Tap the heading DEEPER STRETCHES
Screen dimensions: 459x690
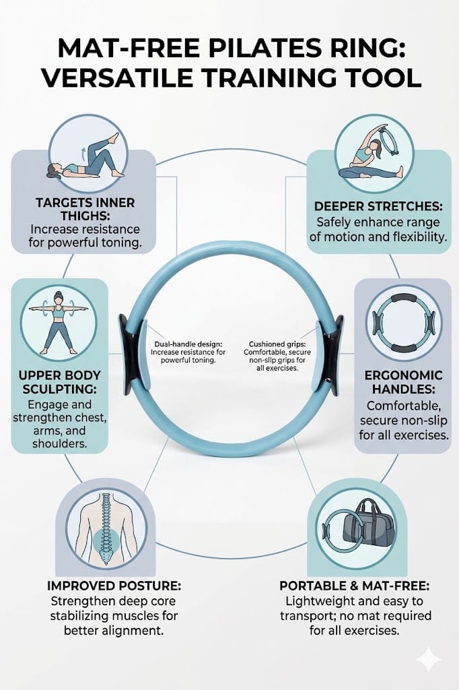point(378,206)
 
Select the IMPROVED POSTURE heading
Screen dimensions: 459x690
point(114,586)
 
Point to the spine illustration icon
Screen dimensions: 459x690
point(106,529)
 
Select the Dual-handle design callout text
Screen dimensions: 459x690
point(188,352)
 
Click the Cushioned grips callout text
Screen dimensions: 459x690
point(277,356)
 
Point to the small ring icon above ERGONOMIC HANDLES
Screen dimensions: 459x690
point(403,323)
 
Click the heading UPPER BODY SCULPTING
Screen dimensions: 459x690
point(59,382)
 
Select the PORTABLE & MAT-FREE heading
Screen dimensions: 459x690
point(355,586)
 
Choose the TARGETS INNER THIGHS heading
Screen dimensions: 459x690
point(85,209)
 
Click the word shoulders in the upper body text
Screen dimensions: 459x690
point(59,443)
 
